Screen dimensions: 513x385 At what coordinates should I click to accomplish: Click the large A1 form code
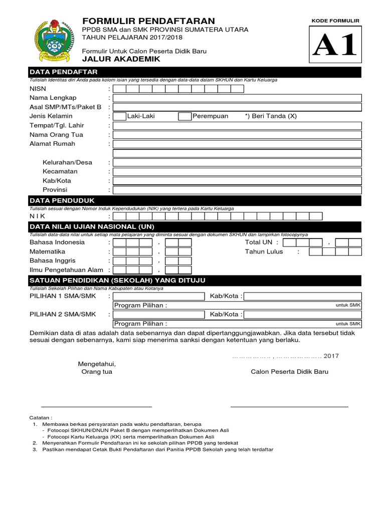(335, 46)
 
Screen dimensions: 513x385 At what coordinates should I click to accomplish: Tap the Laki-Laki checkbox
(119, 116)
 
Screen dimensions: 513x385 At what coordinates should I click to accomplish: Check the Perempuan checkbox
(185, 116)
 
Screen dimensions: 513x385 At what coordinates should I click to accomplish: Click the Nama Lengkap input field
(237, 98)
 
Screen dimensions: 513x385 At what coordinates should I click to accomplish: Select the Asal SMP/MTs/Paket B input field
(237, 107)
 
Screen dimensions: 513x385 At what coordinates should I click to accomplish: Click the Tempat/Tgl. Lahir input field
(237, 126)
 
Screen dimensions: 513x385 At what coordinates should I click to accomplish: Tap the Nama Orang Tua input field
(237, 135)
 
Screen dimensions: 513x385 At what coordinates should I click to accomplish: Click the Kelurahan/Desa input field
(237, 163)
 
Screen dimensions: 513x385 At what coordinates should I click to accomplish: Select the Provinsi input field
(237, 190)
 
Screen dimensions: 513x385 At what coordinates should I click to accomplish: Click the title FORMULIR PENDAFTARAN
(148, 21)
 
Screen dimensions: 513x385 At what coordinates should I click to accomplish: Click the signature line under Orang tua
(96, 406)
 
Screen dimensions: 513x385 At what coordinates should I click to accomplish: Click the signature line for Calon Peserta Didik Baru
(289, 406)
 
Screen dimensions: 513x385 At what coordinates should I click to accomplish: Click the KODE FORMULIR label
(335, 21)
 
